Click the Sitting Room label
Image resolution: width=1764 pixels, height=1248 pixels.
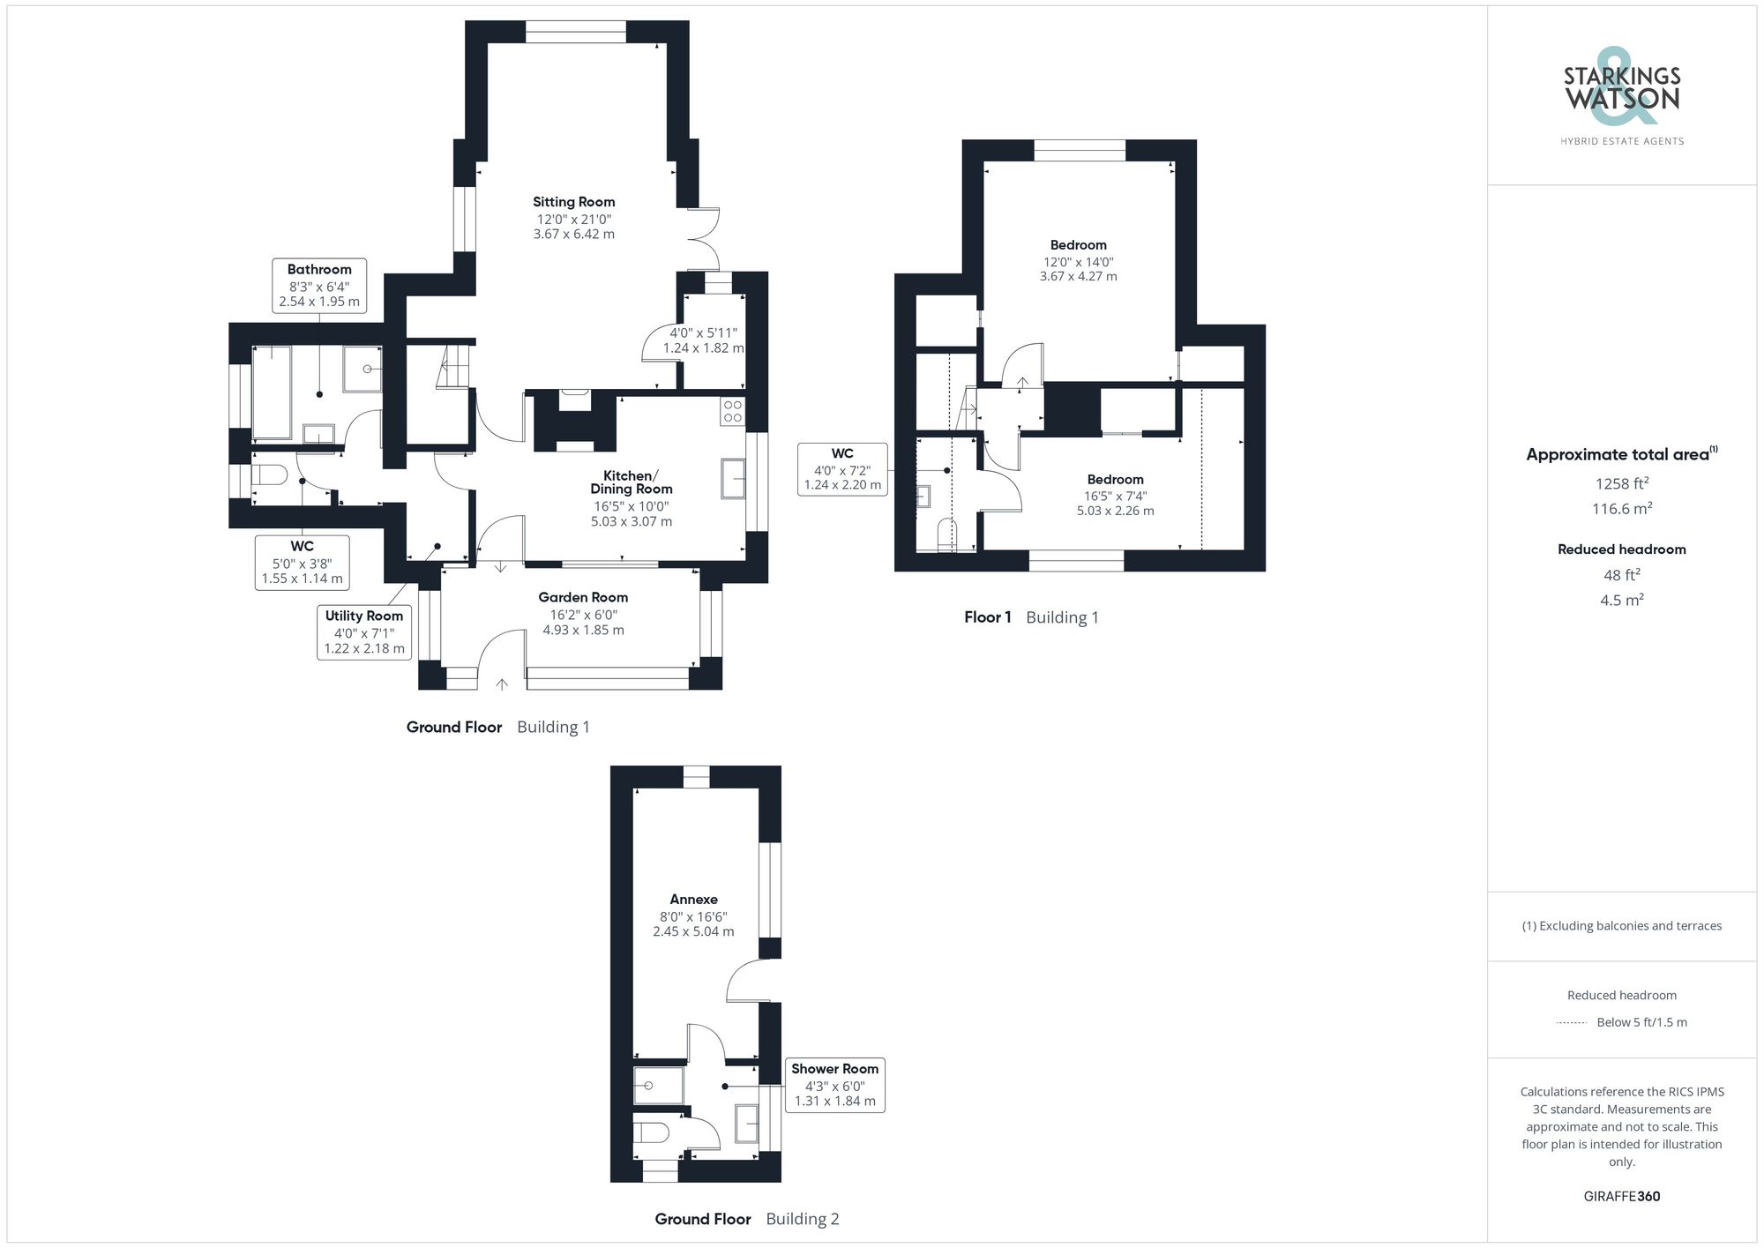(573, 202)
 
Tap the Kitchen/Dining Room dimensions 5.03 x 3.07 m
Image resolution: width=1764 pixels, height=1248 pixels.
(631, 521)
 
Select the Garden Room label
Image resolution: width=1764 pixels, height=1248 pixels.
(583, 597)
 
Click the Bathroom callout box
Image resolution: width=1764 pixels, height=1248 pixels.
(319, 285)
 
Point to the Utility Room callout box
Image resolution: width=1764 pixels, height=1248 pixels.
(364, 631)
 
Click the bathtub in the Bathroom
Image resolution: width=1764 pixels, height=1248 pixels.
(272, 392)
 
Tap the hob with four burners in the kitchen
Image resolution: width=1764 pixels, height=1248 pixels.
(732, 411)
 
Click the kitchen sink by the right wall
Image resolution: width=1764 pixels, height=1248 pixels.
(733, 478)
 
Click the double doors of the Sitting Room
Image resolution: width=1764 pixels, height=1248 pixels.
(706, 239)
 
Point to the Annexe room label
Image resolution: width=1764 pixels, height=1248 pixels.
(693, 900)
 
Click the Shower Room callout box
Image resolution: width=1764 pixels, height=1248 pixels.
(834, 1085)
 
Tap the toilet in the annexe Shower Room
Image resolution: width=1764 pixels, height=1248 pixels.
(651, 1132)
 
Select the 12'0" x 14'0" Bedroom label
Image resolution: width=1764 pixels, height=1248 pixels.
(1078, 245)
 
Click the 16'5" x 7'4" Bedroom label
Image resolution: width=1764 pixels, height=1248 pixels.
(1115, 480)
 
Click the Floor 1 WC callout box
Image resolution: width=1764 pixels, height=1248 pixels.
(842, 469)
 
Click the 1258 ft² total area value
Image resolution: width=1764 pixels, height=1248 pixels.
(1621, 483)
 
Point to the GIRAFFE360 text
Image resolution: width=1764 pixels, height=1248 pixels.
(1621, 1197)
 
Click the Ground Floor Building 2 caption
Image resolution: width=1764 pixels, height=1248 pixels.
(746, 1219)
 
